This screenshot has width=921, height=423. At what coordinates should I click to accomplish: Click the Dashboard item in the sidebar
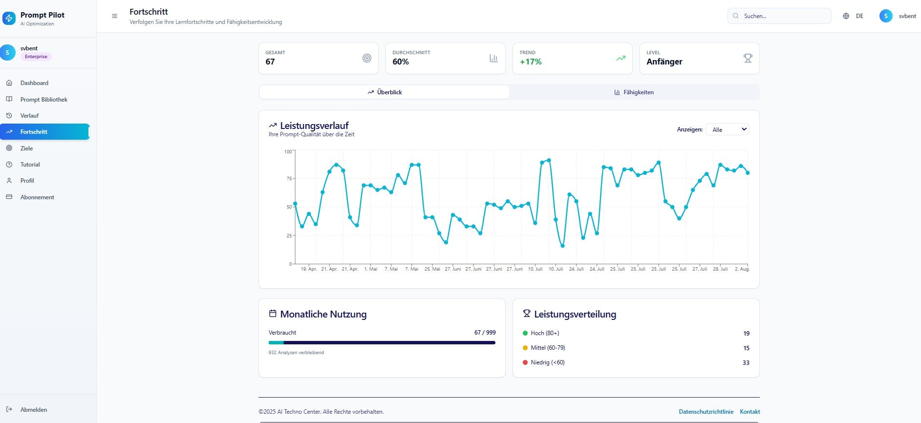coord(34,83)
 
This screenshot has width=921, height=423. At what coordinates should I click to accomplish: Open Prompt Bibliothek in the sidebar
coord(43,100)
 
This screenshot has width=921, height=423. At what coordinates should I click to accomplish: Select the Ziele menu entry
coord(26,148)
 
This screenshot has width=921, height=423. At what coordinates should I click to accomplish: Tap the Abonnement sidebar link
coord(37,197)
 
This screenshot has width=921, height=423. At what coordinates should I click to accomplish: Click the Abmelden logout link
coord(33,410)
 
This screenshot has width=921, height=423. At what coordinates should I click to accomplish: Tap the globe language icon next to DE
coord(846,16)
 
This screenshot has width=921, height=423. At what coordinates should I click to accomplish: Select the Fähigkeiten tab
coord(634,92)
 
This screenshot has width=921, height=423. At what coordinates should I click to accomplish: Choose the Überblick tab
coord(385,92)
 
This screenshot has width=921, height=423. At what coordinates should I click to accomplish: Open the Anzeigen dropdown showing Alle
coord(727,129)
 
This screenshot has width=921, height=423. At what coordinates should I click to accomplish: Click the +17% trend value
coord(531,62)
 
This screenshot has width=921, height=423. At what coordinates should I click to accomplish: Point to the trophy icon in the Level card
coord(748,58)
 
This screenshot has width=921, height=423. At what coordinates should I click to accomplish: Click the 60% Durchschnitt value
coord(401,62)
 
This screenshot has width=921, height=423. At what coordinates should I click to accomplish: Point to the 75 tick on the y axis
coord(289,179)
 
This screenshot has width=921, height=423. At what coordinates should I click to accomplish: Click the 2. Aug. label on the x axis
coord(742,269)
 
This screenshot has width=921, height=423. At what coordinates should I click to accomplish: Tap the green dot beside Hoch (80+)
coord(525,333)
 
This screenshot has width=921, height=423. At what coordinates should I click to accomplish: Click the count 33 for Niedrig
coord(746,363)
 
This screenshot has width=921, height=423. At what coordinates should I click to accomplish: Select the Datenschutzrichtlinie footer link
coord(706,412)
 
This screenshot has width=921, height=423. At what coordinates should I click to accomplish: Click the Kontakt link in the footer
coord(750,412)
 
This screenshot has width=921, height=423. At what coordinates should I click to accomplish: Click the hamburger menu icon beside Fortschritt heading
coord(115,16)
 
